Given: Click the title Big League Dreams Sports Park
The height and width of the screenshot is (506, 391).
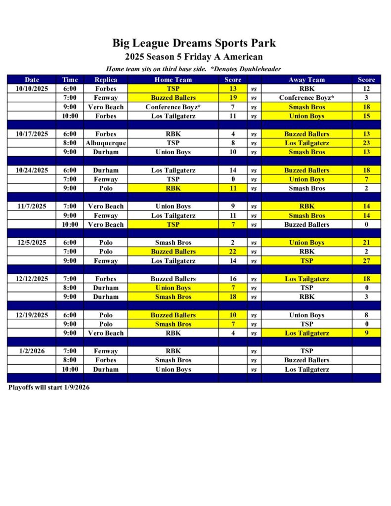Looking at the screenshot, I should click(x=194, y=43).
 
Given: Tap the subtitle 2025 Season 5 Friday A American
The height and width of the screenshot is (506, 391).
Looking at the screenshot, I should click(x=194, y=57).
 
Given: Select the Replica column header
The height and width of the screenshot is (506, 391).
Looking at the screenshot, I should click(x=106, y=80).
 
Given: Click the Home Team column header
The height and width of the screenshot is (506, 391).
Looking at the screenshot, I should click(x=173, y=80).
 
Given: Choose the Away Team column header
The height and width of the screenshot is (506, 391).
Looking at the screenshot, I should click(x=306, y=80).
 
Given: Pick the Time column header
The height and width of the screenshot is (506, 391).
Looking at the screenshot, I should click(x=70, y=80).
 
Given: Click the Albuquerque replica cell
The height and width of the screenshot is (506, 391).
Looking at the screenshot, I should click(x=106, y=143).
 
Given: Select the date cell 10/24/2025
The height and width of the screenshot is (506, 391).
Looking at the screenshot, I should click(x=32, y=170).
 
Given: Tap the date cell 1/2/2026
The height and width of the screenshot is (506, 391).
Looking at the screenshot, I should click(x=32, y=351).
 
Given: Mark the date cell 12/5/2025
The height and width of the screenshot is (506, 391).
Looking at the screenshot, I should click(x=32, y=243).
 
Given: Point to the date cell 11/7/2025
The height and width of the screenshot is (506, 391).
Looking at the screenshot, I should click(x=32, y=206).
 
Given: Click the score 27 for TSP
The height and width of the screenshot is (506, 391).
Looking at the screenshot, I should click(x=366, y=260).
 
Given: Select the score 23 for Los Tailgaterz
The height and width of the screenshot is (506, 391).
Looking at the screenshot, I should click(x=366, y=143).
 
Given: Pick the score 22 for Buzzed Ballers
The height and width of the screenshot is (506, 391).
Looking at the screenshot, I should click(x=233, y=252).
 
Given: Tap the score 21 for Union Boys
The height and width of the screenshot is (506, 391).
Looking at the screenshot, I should click(x=366, y=243).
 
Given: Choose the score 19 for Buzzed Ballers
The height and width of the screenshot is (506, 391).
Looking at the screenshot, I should click(x=233, y=98).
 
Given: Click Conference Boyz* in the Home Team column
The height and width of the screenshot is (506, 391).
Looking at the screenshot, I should click(x=173, y=107).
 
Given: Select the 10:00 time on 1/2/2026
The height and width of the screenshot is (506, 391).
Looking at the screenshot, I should click(x=70, y=369).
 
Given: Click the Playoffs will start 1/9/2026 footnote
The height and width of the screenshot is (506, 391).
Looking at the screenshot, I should click(x=49, y=387).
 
